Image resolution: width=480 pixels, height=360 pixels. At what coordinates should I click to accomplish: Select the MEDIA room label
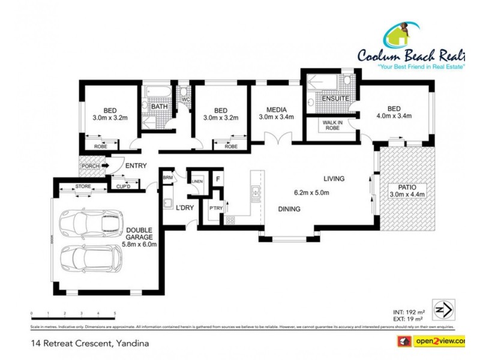pos(275,109)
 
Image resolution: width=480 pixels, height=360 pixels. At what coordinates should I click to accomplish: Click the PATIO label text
pos(407,186)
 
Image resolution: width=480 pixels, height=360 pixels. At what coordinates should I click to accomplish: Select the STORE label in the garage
pos(83,187)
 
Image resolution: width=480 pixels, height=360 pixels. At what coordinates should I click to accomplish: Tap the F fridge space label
pos(218,179)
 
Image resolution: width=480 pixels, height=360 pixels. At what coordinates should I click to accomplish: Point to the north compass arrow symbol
pos(443,310)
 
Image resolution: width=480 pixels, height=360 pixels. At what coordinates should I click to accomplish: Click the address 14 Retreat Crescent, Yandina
pos(89,344)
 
